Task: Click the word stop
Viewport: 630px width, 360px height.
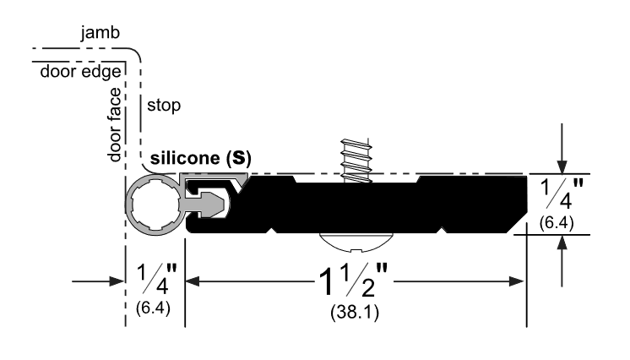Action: coord(164,106)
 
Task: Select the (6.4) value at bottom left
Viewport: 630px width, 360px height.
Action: coord(154,309)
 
